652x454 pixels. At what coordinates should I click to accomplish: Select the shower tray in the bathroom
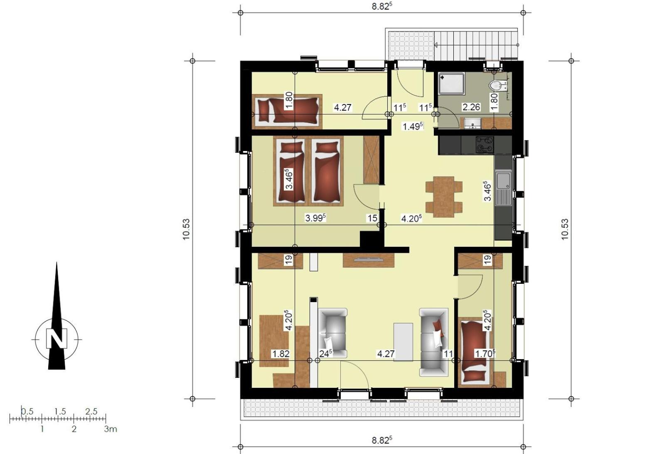(451, 84)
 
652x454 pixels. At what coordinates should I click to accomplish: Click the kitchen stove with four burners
(485, 145)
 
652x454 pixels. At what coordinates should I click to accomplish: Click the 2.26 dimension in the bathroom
(471, 107)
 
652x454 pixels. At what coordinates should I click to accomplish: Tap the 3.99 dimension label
(315, 218)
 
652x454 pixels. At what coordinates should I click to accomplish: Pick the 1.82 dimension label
(280, 354)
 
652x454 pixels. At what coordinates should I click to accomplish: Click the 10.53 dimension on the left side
(186, 229)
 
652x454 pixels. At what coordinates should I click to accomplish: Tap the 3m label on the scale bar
(111, 429)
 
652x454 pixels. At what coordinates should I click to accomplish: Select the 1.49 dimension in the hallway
(413, 127)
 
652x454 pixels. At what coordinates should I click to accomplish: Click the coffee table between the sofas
(403, 342)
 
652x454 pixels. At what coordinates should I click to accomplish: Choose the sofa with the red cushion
(434, 342)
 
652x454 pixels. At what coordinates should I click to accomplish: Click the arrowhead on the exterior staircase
(436, 45)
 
